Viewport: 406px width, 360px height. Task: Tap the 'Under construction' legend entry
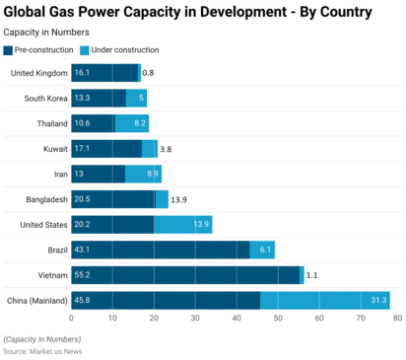point(120,49)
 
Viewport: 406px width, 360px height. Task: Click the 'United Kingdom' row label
point(38,73)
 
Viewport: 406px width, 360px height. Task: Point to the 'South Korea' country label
point(45,98)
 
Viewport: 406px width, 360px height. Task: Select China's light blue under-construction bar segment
point(325,300)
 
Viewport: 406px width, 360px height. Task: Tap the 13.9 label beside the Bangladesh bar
point(178,199)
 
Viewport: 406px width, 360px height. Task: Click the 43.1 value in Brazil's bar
point(84,250)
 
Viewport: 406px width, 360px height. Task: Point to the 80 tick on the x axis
point(396,320)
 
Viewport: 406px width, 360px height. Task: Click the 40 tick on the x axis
point(234,320)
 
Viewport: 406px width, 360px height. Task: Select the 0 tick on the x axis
point(71,320)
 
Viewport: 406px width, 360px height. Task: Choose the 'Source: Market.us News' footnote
point(42,350)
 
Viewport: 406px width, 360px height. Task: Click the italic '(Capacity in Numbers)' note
point(41,339)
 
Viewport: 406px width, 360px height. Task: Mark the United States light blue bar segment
point(182,224)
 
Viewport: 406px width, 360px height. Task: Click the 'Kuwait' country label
point(55,149)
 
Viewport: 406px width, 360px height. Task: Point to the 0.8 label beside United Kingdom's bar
point(149,73)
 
